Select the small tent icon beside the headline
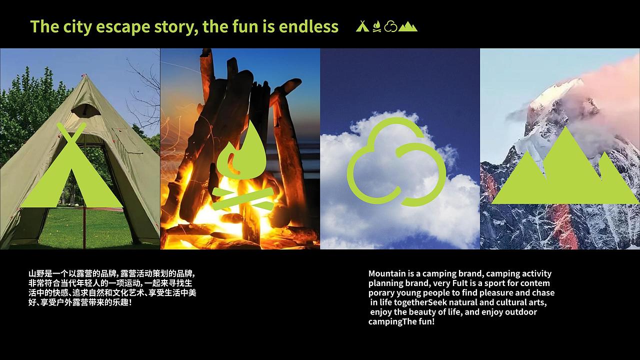pyautogui.click(x=362, y=26)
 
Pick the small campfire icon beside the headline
pyautogui.click(x=376, y=26)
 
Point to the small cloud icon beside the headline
pyautogui.click(x=391, y=26)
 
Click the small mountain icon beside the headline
pyautogui.click(x=408, y=26)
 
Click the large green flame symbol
pyautogui.click(x=243, y=150)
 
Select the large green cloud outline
pyautogui.click(x=396, y=162)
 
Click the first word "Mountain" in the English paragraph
pyautogui.click(x=386, y=273)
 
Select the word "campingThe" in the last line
pyautogui.click(x=389, y=321)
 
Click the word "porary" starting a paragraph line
pyautogui.click(x=381, y=293)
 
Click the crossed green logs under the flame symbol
pyautogui.click(x=243, y=198)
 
